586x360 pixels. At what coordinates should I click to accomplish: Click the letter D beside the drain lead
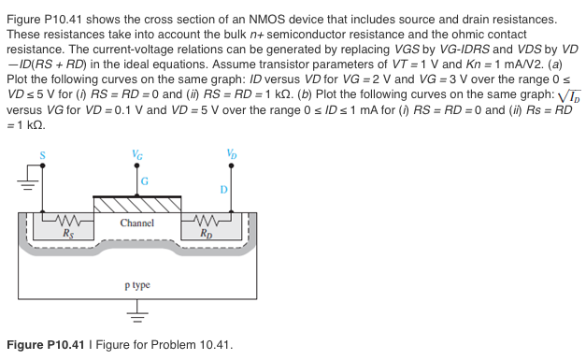click(222, 190)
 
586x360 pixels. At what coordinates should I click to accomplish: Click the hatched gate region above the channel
click(137, 204)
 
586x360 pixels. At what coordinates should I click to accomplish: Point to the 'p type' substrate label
click(136, 284)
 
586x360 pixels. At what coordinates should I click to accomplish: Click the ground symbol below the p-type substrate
click(137, 316)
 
